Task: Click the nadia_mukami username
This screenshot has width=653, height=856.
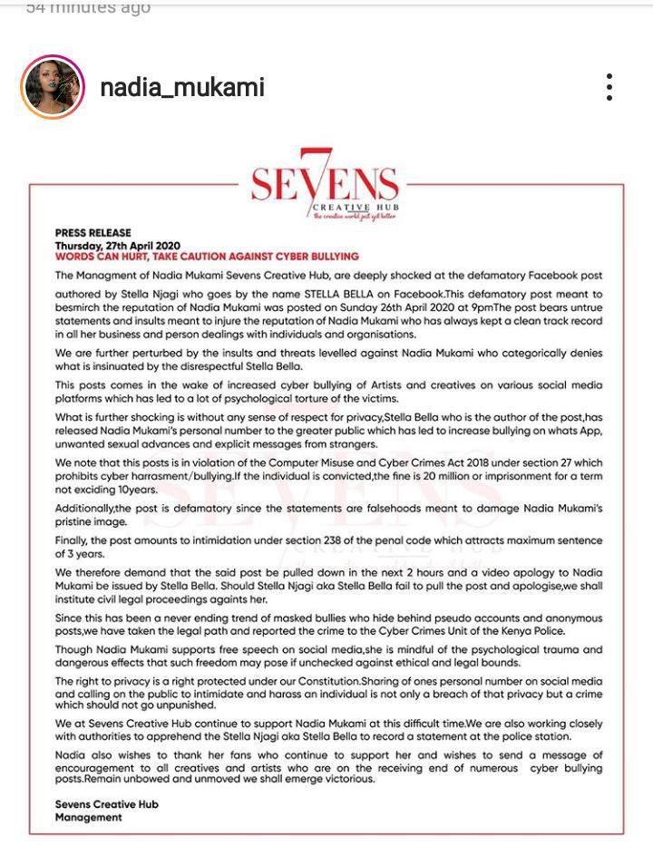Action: [181, 87]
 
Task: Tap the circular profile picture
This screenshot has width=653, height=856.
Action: [53, 87]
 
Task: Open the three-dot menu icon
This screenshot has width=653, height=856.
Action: [609, 87]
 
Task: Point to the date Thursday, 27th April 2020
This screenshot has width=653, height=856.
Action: [118, 246]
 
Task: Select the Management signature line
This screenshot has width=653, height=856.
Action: [88, 817]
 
